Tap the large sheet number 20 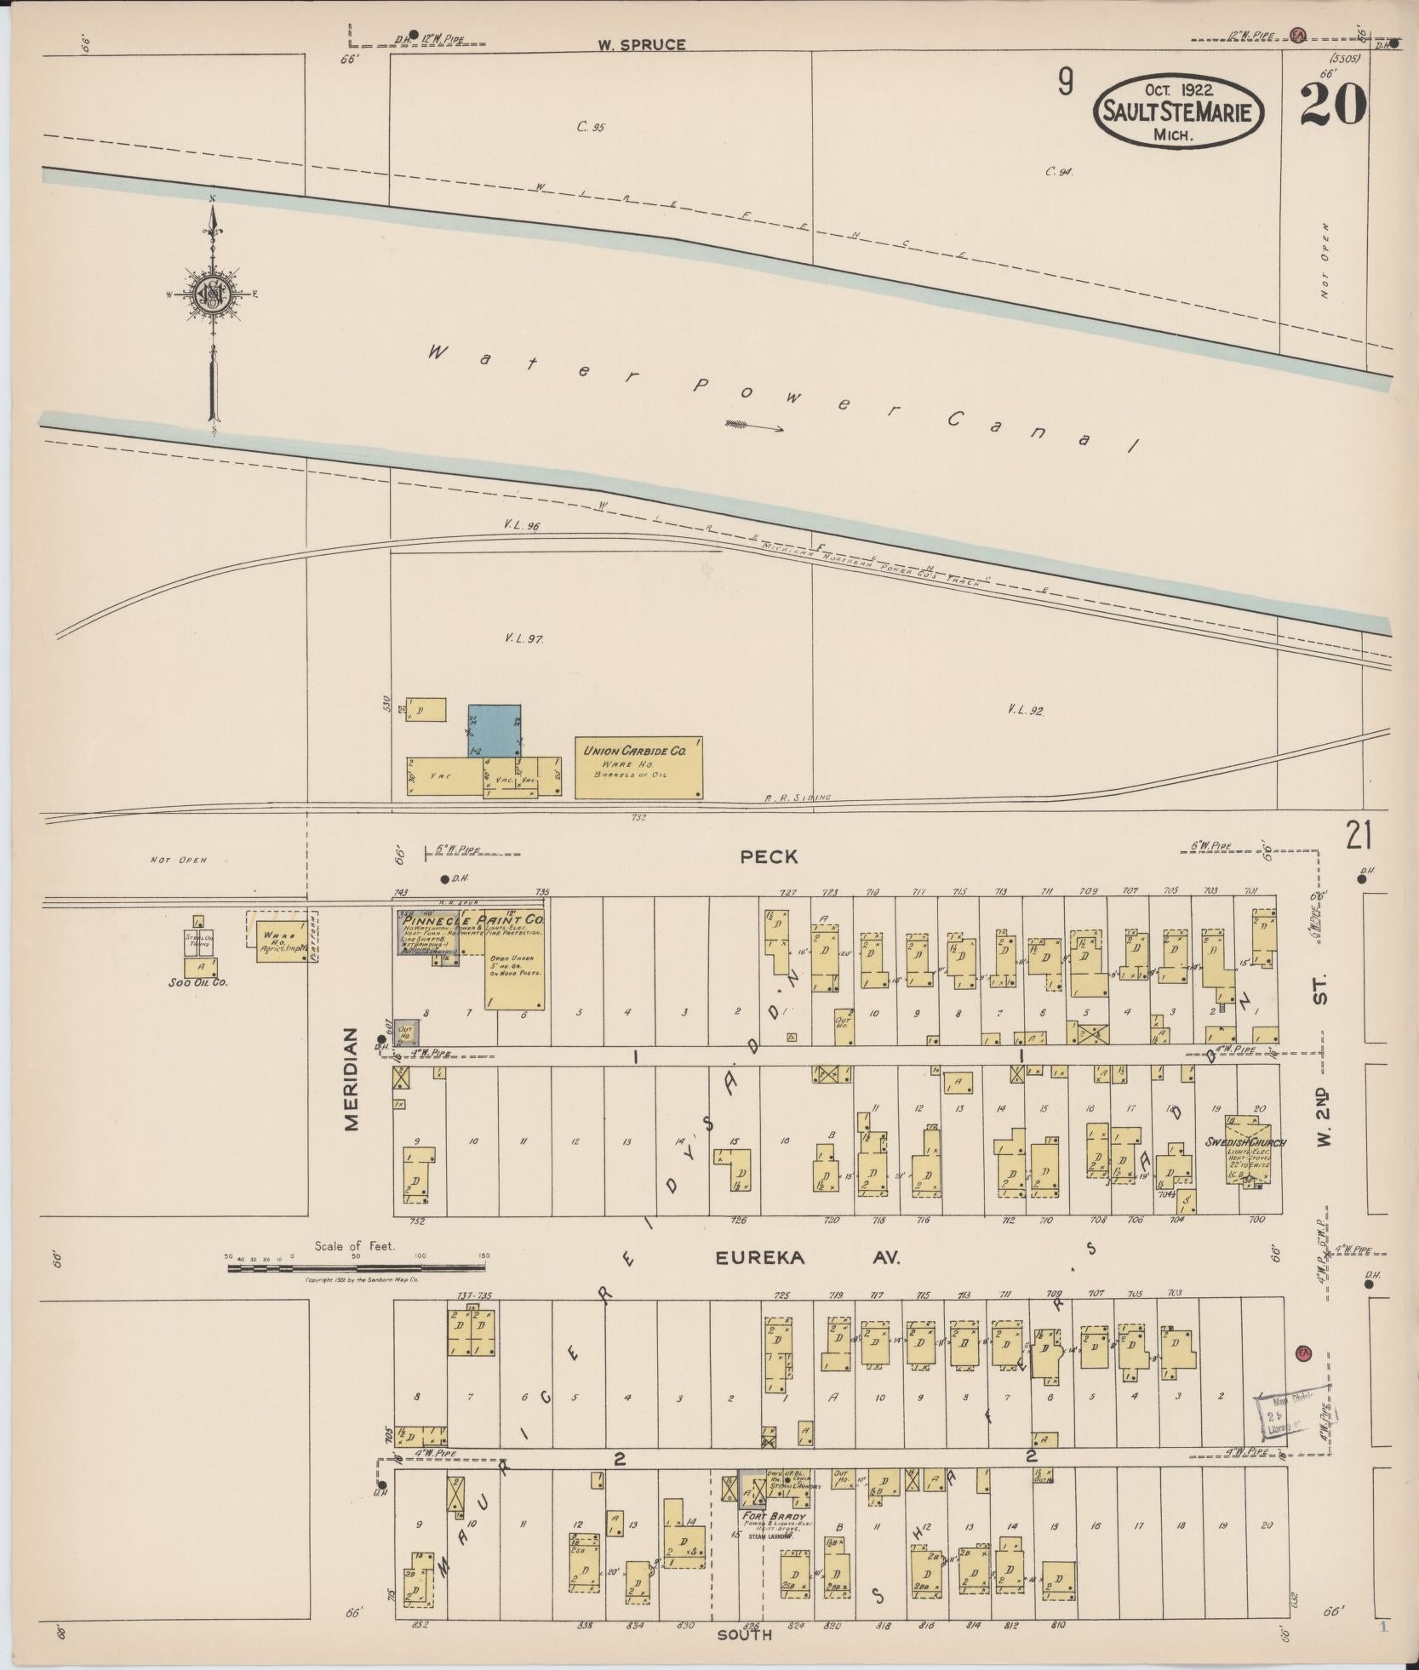pos(1333,105)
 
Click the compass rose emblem pos(210,295)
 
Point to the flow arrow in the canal pos(754,426)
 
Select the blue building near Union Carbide pos(494,729)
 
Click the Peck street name pos(769,857)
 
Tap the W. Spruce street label pos(640,45)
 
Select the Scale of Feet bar pos(356,1268)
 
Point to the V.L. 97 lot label pos(524,638)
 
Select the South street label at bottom pos(744,1634)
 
